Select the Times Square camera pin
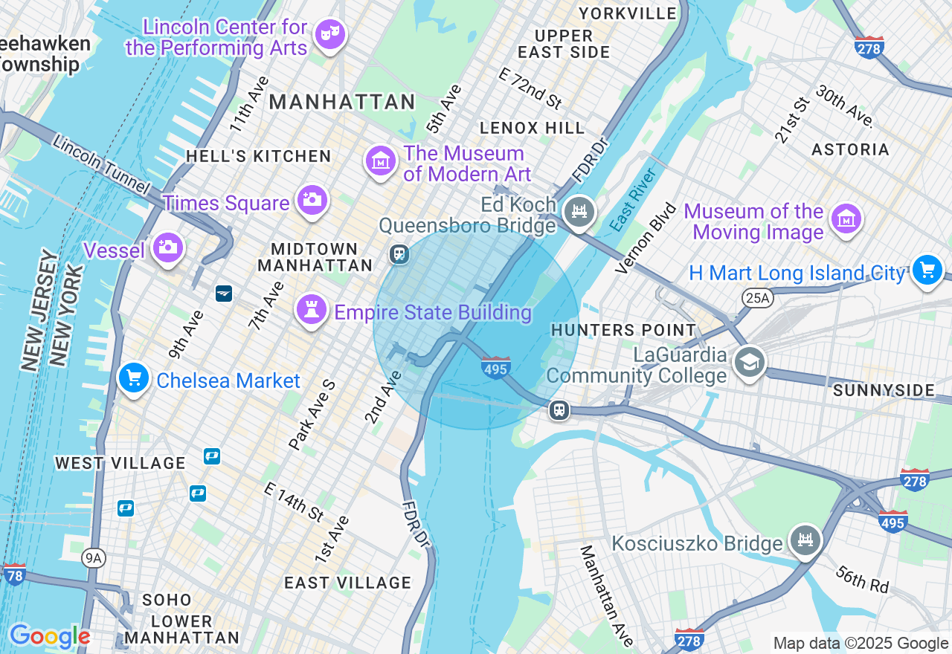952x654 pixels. [312, 200]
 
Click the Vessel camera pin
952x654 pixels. [167, 247]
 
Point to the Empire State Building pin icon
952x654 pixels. [311, 309]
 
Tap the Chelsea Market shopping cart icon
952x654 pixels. [134, 378]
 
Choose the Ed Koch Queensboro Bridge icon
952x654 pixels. [578, 212]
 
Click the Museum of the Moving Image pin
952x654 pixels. [846, 219]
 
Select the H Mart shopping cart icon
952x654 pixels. [927, 270]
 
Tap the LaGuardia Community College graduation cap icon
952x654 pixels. [750, 363]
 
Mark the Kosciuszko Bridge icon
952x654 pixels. [805, 540]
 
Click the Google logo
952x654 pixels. [50, 636]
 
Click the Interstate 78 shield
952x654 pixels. [14, 573]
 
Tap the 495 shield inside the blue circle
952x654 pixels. [495, 367]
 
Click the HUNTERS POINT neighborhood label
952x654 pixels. [623, 330]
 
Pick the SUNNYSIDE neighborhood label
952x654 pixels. [884, 390]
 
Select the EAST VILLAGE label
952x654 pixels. [347, 583]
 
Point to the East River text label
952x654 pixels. [633, 200]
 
